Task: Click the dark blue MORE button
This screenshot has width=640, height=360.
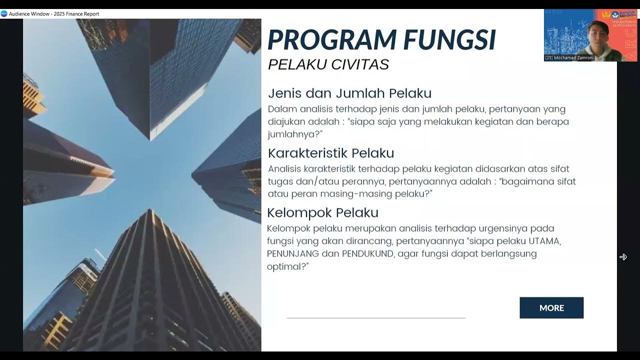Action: (x=551, y=308)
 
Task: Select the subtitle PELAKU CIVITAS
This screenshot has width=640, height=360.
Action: (x=328, y=64)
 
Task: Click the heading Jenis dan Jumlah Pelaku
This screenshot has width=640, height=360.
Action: (x=349, y=93)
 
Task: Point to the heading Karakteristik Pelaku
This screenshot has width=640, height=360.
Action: (x=331, y=153)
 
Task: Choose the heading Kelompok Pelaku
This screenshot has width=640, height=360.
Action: (x=322, y=212)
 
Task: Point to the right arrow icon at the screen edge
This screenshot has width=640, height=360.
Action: (x=623, y=257)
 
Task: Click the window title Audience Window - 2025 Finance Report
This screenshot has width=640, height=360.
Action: (x=54, y=14)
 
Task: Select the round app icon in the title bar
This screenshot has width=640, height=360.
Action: (x=4, y=14)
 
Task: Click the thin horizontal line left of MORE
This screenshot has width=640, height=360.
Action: (x=376, y=317)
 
